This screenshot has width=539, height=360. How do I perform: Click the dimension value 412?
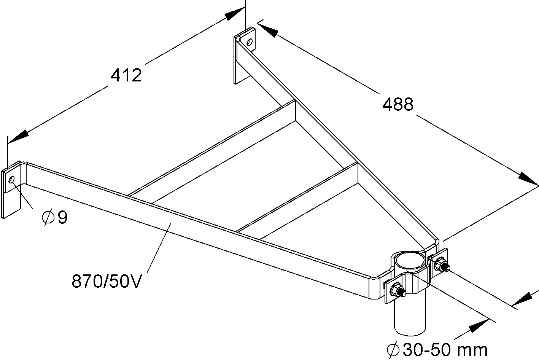[x=126, y=75]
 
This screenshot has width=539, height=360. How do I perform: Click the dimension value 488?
[x=397, y=104]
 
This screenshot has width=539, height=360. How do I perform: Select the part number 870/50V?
[x=107, y=282]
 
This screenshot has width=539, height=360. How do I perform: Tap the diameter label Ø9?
[x=55, y=218]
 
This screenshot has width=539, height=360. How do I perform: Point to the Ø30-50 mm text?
[x=437, y=350]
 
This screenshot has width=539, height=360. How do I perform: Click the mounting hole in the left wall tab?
[x=12, y=179]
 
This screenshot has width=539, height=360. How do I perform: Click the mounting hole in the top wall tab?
[x=250, y=42]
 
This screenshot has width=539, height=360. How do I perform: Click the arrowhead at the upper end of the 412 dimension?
[x=234, y=14]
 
